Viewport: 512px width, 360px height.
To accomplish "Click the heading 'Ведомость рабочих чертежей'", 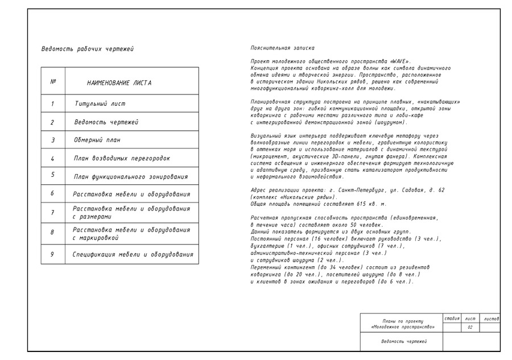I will pyautogui.click(x=88, y=49).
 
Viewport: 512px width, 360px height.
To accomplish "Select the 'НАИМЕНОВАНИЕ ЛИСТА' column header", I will pyautogui.click(x=119, y=83).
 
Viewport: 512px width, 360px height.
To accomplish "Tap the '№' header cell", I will pyautogui.click(x=53, y=81).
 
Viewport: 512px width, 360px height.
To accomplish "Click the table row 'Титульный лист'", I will pyautogui.click(x=100, y=104).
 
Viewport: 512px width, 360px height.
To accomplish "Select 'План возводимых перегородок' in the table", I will pyautogui.click(x=122, y=158).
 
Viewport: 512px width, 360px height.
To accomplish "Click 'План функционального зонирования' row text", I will pyautogui.click(x=131, y=177).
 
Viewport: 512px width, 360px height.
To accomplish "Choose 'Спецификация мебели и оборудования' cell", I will pyautogui.click(x=133, y=255).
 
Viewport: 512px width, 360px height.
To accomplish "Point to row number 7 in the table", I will pyautogui.click(x=52, y=213).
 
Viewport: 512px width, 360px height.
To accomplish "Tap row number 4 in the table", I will pyautogui.click(x=52, y=158).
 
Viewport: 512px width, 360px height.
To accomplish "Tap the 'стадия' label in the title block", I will pyautogui.click(x=452, y=318).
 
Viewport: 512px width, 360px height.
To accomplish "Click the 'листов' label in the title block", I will pyautogui.click(x=491, y=318).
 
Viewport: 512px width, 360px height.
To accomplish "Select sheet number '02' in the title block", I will pyautogui.click(x=470, y=328).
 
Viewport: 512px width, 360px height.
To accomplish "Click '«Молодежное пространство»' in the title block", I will pyautogui.click(x=402, y=327).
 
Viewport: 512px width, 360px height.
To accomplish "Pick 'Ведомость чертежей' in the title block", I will pyautogui.click(x=404, y=341).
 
